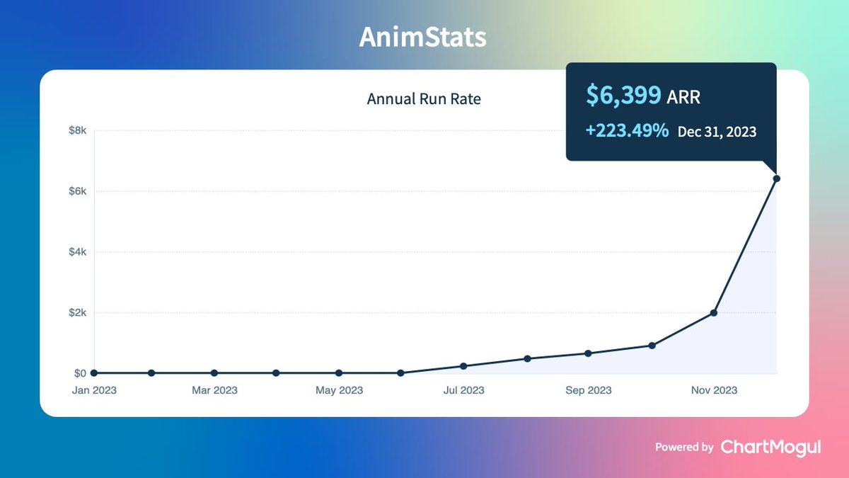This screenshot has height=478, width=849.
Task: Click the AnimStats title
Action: [x=422, y=38]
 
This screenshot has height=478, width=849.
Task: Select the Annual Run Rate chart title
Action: [x=424, y=99]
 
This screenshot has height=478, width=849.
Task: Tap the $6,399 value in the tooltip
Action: [x=624, y=96]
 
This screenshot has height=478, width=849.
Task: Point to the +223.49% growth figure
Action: [x=627, y=131]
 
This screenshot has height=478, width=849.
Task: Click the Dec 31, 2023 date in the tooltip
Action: [x=717, y=132]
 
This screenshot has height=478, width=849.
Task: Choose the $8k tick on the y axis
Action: [x=77, y=131]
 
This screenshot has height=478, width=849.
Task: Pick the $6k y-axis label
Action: [x=77, y=191]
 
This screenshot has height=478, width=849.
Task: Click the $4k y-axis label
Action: [x=77, y=252]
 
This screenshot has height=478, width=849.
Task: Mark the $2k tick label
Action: [x=77, y=312]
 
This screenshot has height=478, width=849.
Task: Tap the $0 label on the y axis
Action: [x=80, y=373]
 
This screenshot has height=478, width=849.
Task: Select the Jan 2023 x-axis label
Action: [x=94, y=390]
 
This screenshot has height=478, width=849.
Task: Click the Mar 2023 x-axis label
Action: [x=214, y=390]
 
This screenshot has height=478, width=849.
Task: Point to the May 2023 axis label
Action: [x=339, y=390]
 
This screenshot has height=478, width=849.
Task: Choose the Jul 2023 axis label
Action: [x=463, y=390]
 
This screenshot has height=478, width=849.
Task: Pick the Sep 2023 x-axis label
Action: [x=589, y=390]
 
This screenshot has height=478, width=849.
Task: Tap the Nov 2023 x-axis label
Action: [x=713, y=390]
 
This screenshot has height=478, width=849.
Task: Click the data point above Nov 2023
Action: [x=714, y=312]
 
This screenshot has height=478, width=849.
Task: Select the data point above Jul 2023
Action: [x=463, y=366]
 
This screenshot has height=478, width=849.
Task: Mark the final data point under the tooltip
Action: [x=776, y=178]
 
